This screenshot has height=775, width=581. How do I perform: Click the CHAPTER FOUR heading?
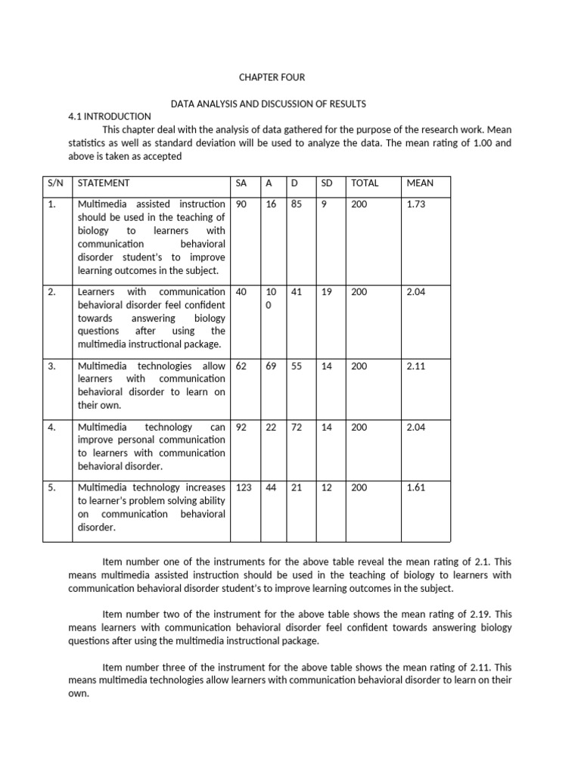pos(272,78)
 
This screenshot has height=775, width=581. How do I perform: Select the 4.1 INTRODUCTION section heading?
pos(110,116)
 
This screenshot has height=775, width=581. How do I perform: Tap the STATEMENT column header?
pos(104,183)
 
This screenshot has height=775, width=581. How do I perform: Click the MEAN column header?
pos(420,183)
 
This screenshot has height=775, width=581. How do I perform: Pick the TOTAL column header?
pos(365,183)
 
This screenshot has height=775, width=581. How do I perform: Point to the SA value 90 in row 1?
pos(242,204)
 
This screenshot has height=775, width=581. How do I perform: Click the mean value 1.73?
pos(416,204)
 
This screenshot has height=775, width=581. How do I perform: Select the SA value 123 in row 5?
pos(244,488)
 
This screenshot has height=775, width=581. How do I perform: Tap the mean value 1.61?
pos(416,488)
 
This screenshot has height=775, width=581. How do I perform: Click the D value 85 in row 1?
pos(297,204)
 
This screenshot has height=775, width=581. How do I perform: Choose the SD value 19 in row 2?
pos(327,292)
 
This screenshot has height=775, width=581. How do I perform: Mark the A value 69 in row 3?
pos(270,366)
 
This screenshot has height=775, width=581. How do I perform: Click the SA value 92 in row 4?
pos(242,428)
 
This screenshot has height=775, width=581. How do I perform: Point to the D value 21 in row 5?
pos(297,488)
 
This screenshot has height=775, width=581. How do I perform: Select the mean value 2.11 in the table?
pos(416,366)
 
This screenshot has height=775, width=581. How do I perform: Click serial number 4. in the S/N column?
pos(52,428)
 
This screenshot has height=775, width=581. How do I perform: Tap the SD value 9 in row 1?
pos(324,204)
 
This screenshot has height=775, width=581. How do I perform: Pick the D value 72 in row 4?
pos(297,428)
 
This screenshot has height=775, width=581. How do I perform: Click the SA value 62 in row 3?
pos(242,366)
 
